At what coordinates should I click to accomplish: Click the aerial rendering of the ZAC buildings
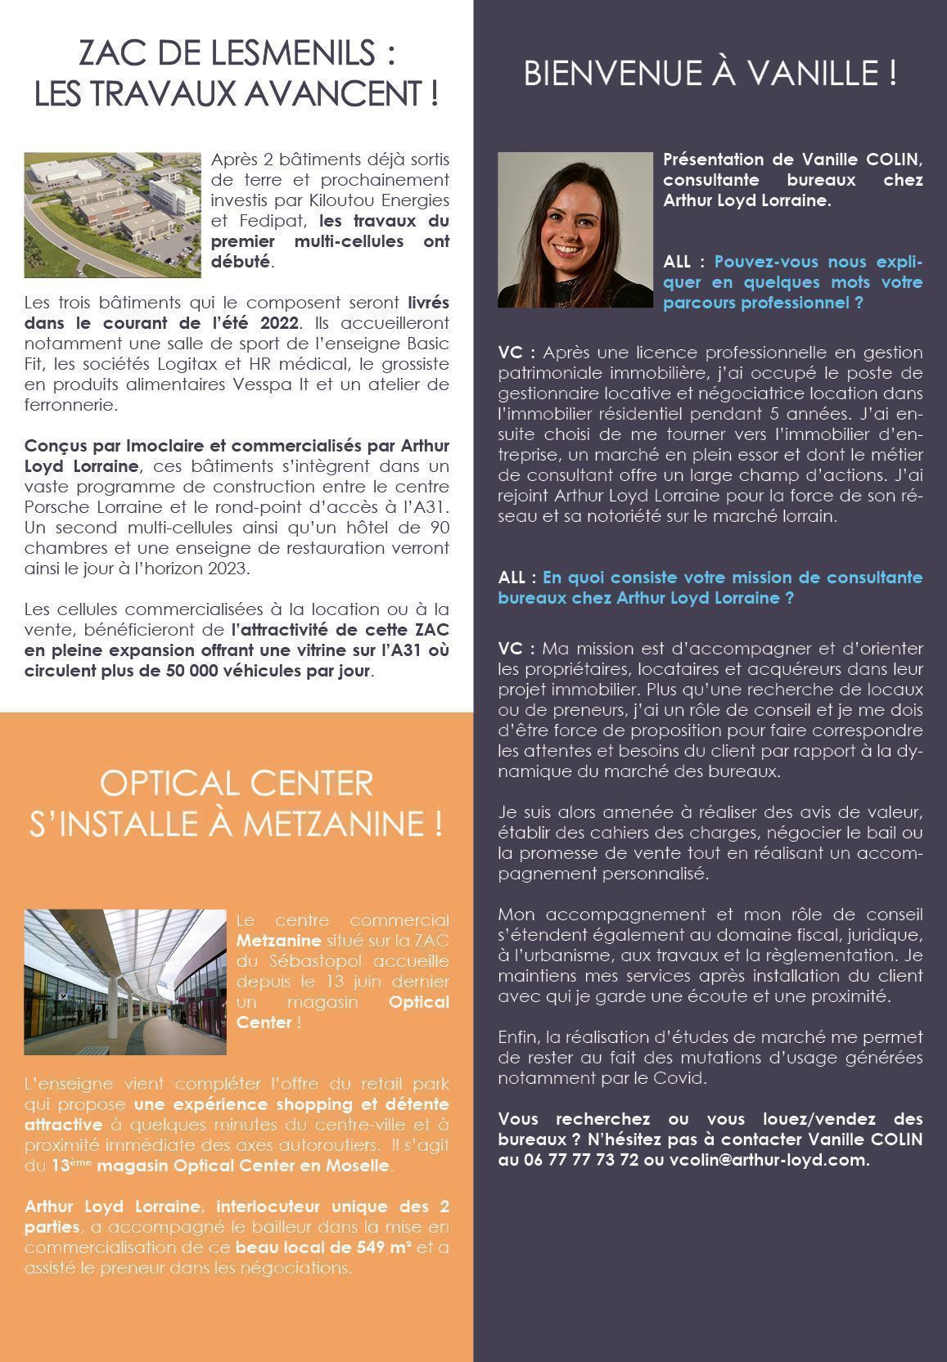pyautogui.click(x=112, y=214)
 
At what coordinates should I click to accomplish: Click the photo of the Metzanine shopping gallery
pyautogui.click(x=124, y=981)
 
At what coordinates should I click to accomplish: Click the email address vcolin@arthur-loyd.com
pyautogui.click(x=767, y=1160)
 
